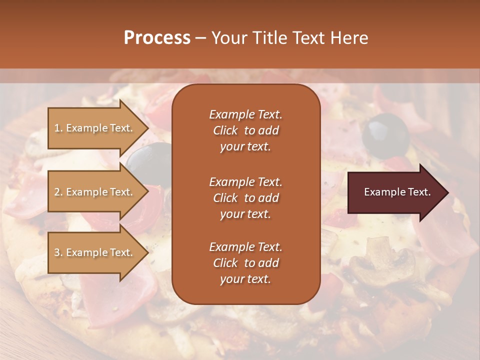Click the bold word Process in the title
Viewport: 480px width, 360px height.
point(157,38)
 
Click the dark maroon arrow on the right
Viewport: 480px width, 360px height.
point(397,192)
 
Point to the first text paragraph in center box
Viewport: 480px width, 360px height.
point(245,130)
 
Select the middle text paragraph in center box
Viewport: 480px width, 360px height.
point(245,198)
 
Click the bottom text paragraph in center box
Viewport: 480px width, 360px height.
point(245,263)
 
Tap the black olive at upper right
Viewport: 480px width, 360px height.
point(386,133)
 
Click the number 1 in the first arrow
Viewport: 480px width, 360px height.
point(57,128)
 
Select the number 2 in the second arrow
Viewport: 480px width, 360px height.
point(57,192)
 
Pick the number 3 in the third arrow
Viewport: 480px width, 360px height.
point(57,252)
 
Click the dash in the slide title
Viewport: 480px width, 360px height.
point(200,38)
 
